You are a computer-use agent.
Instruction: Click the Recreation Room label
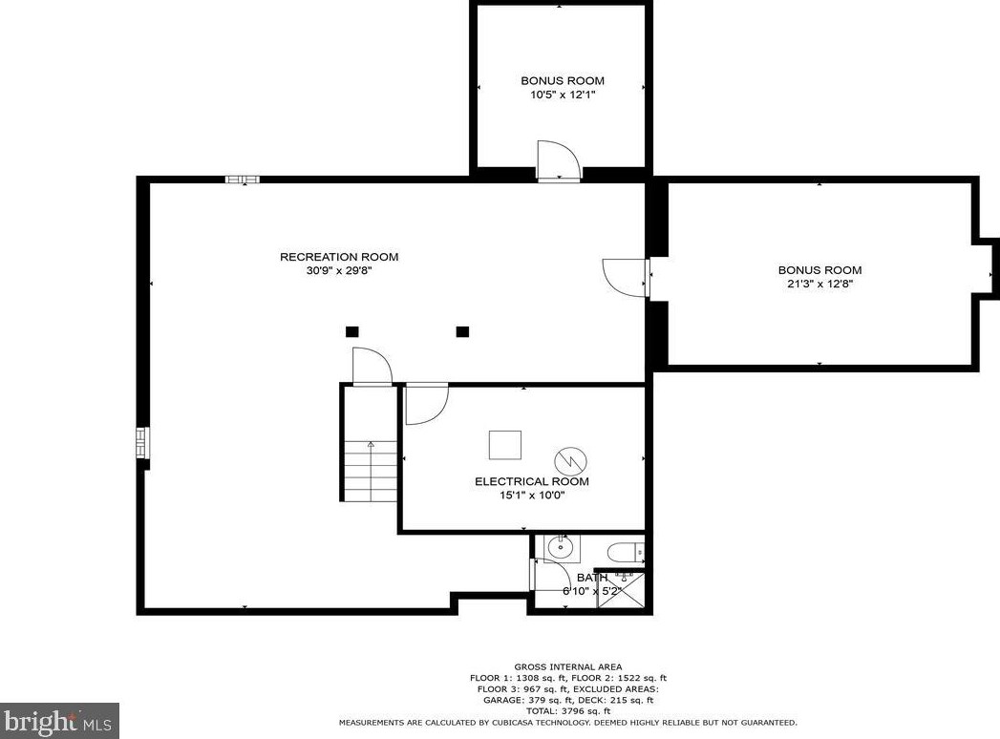point(339,257)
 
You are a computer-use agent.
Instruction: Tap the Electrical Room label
point(532,481)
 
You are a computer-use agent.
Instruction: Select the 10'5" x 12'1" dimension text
point(563,95)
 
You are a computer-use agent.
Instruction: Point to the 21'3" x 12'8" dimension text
point(820,284)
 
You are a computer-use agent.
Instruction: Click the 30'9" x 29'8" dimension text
point(339,270)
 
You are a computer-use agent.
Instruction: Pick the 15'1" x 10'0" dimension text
point(533,495)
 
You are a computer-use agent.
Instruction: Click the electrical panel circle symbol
point(571,459)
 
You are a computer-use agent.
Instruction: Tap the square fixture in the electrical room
point(505,445)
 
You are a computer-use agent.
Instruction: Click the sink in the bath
point(562,548)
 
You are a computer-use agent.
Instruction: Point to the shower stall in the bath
point(621,590)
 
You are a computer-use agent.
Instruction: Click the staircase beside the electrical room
point(371,470)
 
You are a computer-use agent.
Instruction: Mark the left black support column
point(352,331)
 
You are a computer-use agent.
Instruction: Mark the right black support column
point(463,331)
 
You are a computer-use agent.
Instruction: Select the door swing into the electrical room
point(427,404)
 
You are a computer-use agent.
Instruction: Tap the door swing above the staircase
point(372,367)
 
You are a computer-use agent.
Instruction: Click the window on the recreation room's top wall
point(243,179)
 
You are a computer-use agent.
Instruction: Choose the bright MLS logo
point(58,721)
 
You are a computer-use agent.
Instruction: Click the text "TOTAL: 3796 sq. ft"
point(567,711)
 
